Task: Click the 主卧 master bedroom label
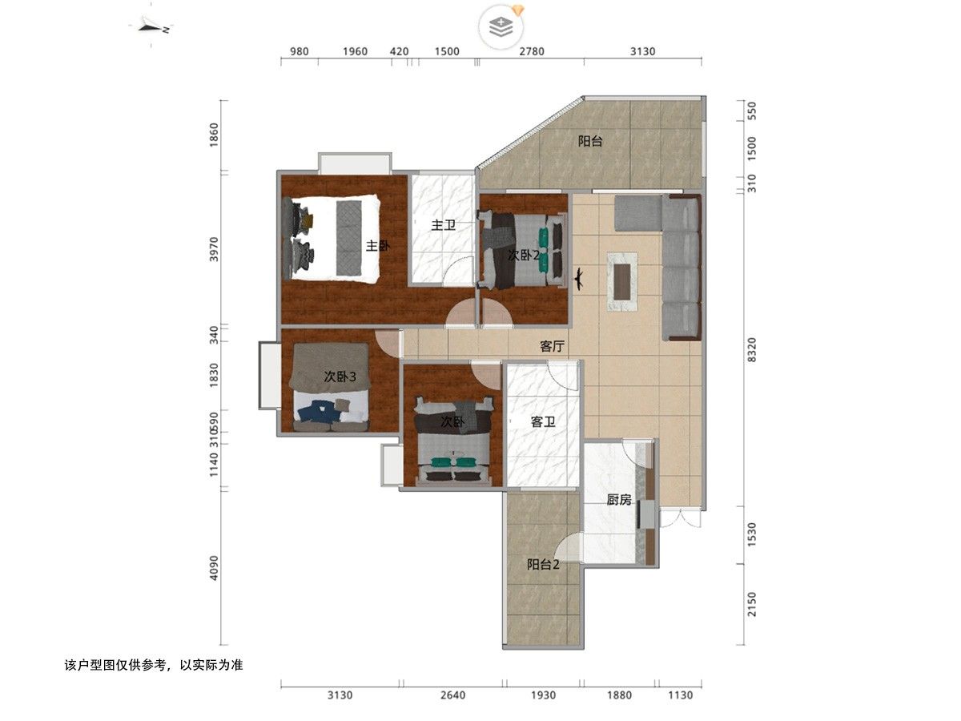(x=378, y=246)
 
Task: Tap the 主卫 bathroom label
(x=443, y=225)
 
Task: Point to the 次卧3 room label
(x=340, y=376)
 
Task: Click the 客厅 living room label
(x=552, y=346)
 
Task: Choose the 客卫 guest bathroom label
(x=543, y=421)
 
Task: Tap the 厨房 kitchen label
(x=618, y=499)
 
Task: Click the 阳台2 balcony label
(x=543, y=564)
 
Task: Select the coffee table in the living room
(x=622, y=281)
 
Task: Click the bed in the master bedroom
(x=331, y=239)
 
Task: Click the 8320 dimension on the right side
(x=751, y=349)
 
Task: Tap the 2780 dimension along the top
(x=532, y=51)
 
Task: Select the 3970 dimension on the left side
(x=214, y=249)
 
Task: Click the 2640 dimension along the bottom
(x=452, y=695)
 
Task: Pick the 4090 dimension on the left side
(x=214, y=568)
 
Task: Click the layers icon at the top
(x=501, y=27)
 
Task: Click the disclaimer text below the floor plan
(x=154, y=665)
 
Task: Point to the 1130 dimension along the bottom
(x=680, y=695)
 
